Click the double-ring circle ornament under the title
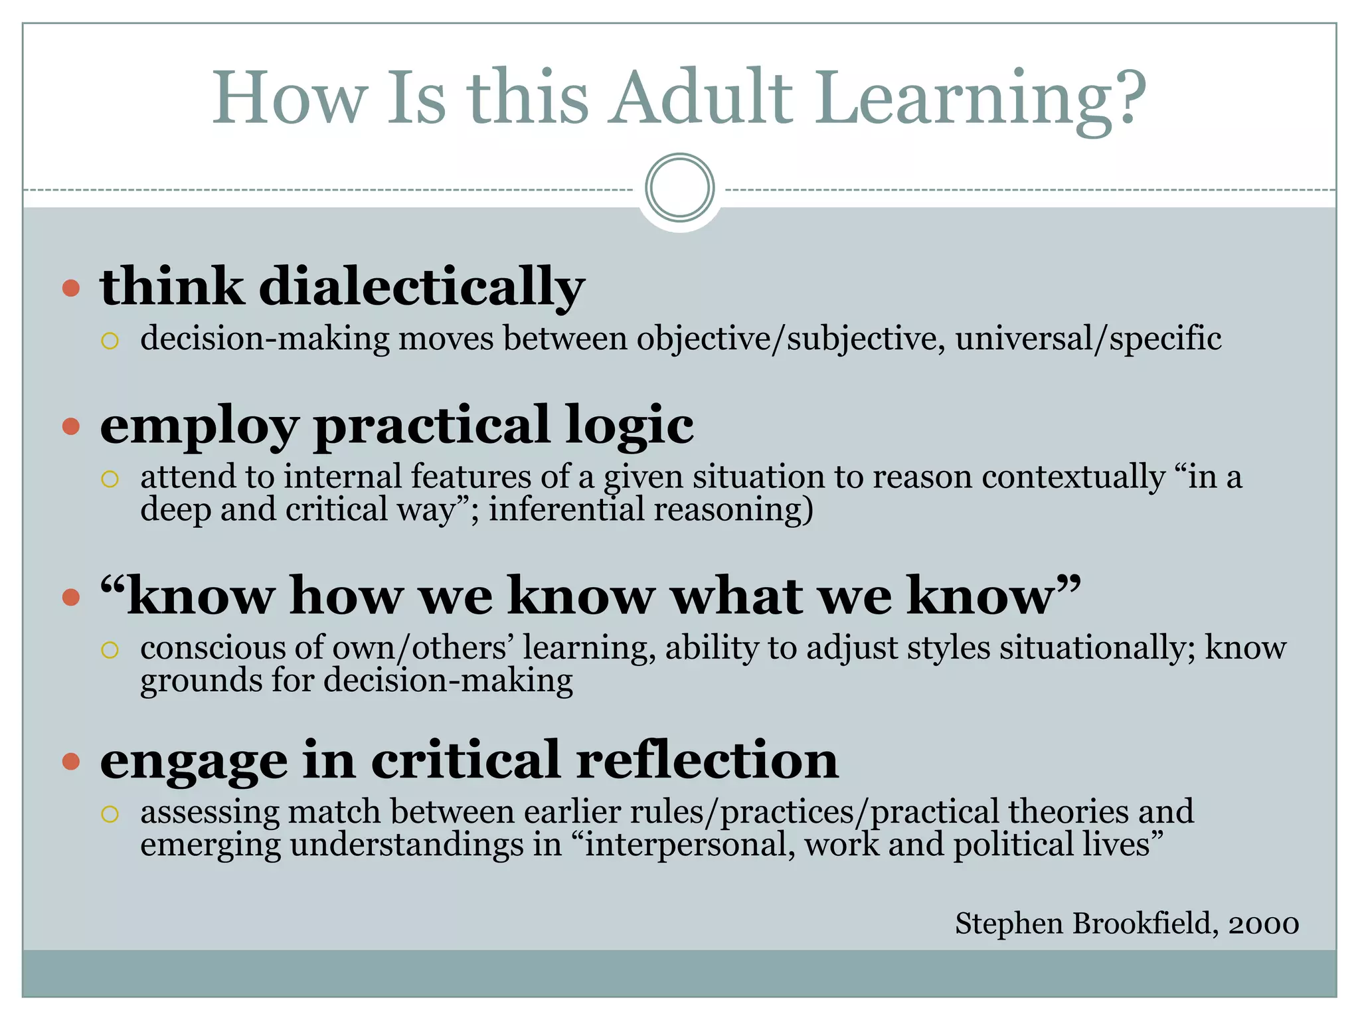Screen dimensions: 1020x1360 click(680, 187)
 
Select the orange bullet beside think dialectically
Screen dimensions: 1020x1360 click(71, 288)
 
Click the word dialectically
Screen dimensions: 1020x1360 click(422, 287)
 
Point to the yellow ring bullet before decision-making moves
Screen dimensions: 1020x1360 click(110, 341)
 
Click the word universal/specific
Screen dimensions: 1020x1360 click(1088, 339)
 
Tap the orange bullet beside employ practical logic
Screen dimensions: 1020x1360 click(71, 426)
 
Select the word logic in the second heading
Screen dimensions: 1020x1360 click(630, 426)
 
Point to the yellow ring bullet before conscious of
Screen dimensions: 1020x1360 click(110, 649)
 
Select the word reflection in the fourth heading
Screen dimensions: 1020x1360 click(707, 760)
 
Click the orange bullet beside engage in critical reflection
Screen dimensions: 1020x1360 click(71, 761)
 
